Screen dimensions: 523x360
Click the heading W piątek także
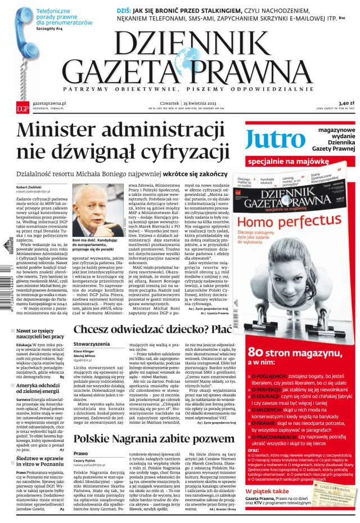coord(267,491)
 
